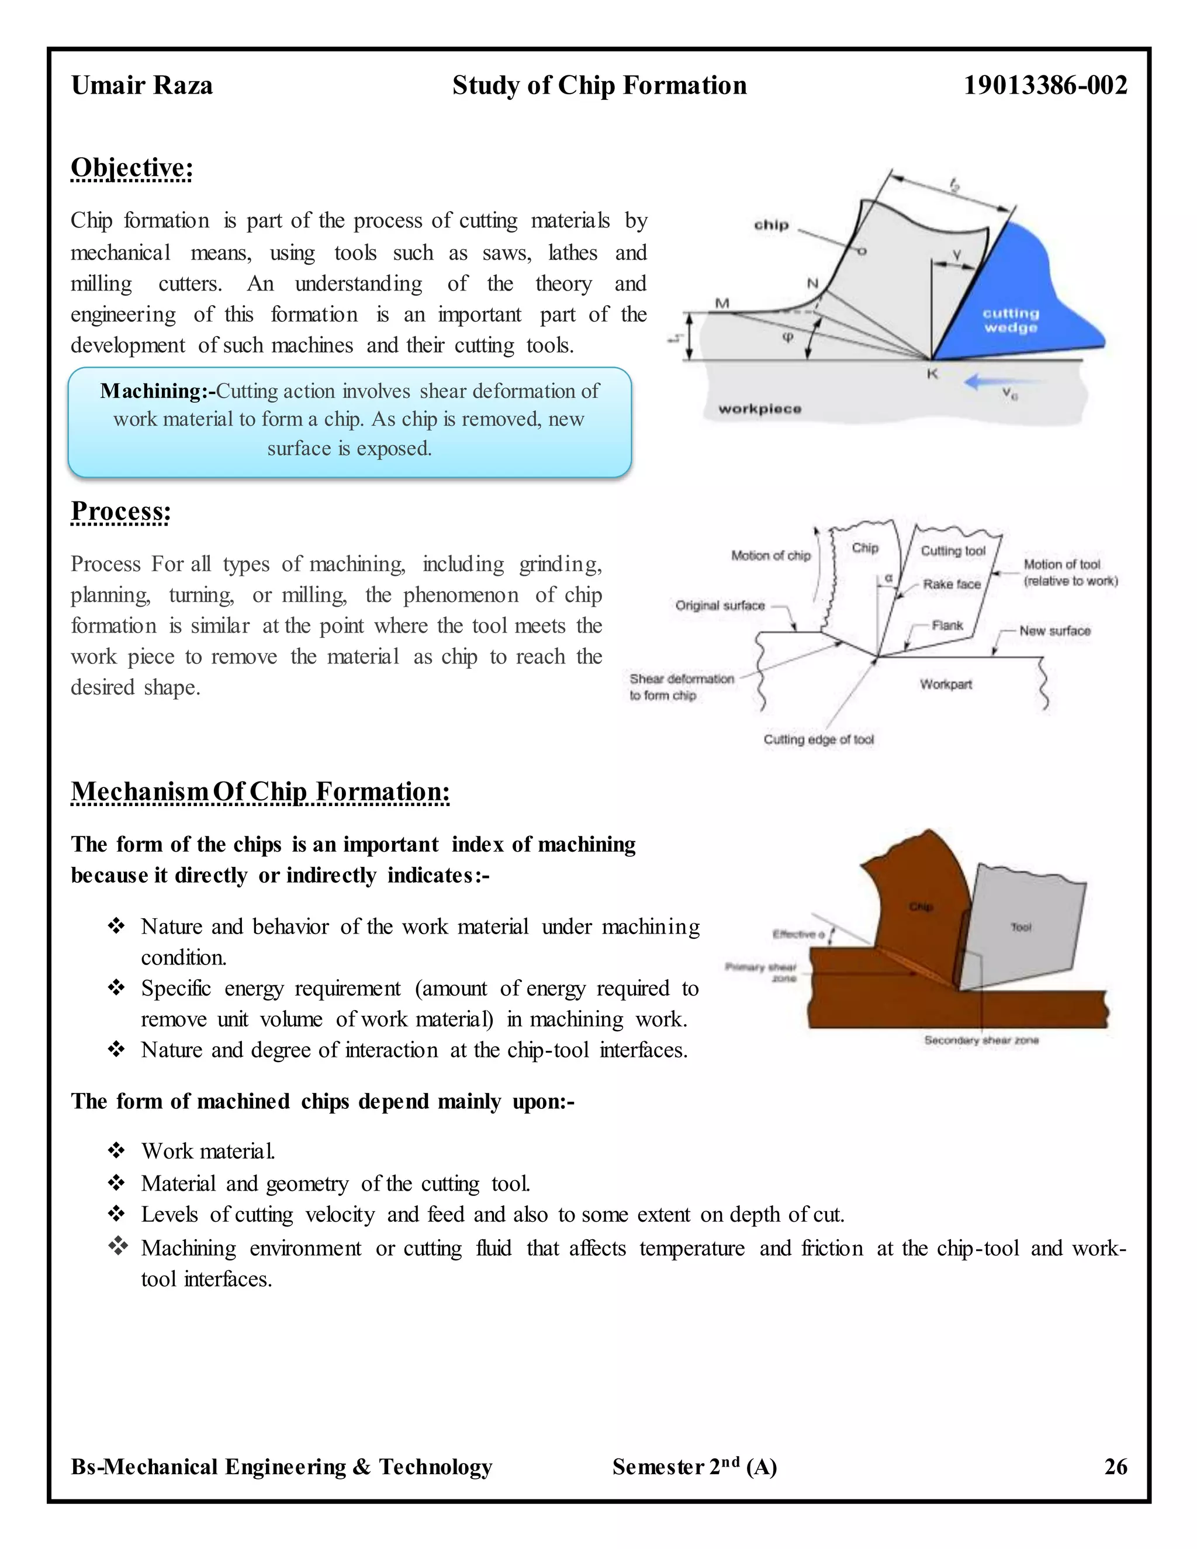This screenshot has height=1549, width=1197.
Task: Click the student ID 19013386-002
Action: pyautogui.click(x=1044, y=86)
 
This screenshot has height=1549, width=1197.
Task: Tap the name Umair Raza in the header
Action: pyautogui.click(x=142, y=86)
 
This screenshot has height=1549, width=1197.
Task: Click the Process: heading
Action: pyautogui.click(x=120, y=511)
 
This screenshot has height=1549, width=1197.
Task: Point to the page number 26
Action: pyautogui.click(x=1115, y=1466)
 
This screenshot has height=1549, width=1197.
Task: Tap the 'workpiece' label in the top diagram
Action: pyautogui.click(x=759, y=409)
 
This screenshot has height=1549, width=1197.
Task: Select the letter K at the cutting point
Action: pyautogui.click(x=932, y=375)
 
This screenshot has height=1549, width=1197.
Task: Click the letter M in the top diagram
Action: pyautogui.click(x=722, y=303)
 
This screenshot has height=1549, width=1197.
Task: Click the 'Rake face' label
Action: pyautogui.click(x=952, y=585)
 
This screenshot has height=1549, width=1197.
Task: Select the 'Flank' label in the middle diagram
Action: pyautogui.click(x=947, y=625)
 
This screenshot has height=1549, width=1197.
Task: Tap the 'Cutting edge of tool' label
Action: pyautogui.click(x=818, y=740)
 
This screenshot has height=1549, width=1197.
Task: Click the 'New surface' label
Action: pyautogui.click(x=1054, y=631)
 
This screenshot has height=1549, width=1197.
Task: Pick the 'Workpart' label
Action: pyautogui.click(x=946, y=684)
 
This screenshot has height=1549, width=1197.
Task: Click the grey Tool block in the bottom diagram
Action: pyautogui.click(x=1021, y=929)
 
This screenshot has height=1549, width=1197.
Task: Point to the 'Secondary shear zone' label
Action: pyautogui.click(x=981, y=1040)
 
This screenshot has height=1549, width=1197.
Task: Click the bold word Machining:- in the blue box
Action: pyautogui.click(x=157, y=392)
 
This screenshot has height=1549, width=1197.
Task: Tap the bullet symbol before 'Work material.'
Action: pyautogui.click(x=116, y=1151)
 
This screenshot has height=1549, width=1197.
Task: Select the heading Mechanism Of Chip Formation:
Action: pyautogui.click(x=260, y=791)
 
